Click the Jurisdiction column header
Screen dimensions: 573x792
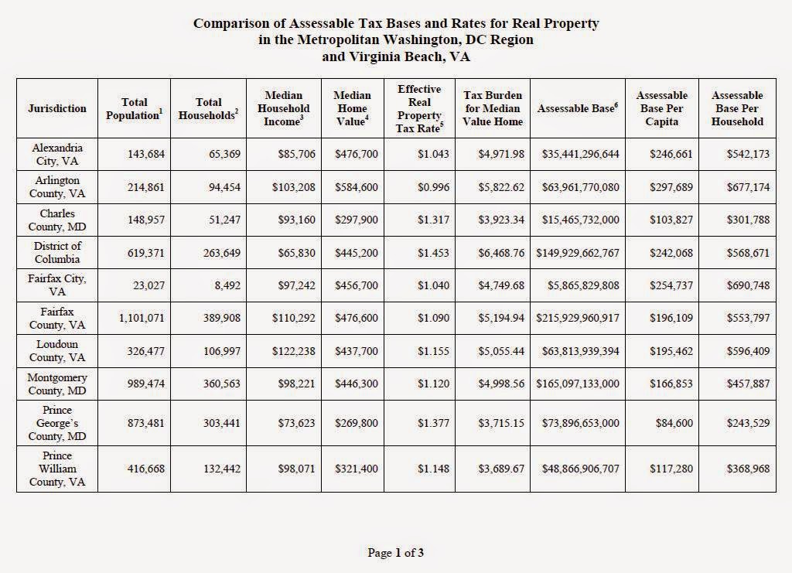(57, 108)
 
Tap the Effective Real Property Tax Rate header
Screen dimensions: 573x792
(419, 108)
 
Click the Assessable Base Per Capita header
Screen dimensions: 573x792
(661, 108)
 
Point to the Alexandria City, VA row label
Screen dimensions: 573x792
(57, 154)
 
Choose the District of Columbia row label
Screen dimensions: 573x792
(57, 252)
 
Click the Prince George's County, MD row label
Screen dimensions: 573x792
(57, 423)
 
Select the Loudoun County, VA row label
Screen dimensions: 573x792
(57, 350)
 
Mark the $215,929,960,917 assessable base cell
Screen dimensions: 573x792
(575, 318)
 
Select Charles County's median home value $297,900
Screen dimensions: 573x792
(357, 220)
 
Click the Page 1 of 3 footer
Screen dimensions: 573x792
(395, 552)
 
